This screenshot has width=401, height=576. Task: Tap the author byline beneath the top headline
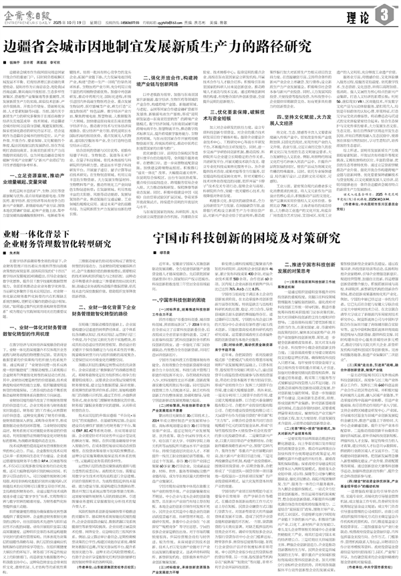[x=39, y=61]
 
